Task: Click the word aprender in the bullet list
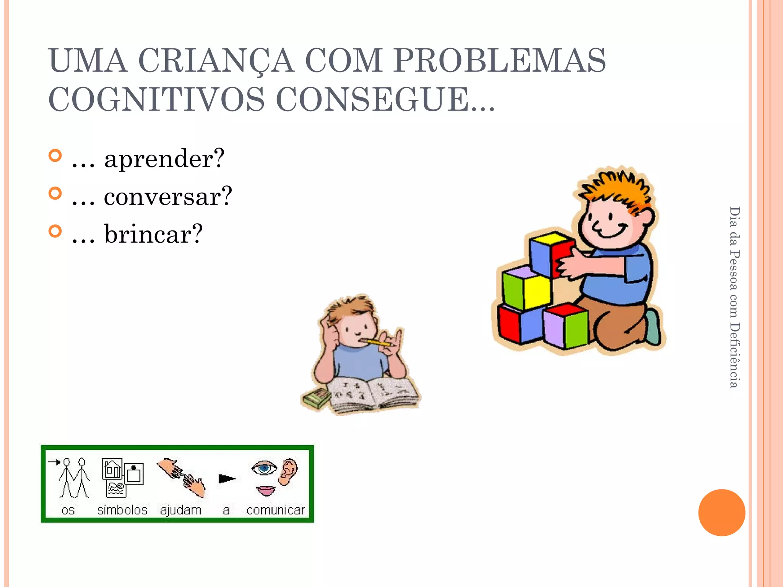pyautogui.click(x=164, y=159)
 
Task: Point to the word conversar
pyautogui.click(x=168, y=196)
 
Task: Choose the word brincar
pyautogui.click(x=153, y=234)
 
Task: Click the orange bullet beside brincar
pyautogui.click(x=55, y=231)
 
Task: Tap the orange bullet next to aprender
pyautogui.click(x=55, y=156)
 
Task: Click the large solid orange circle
pyautogui.click(x=721, y=512)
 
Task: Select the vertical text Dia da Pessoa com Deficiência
pyautogui.click(x=734, y=297)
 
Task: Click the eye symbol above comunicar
pyautogui.click(x=264, y=468)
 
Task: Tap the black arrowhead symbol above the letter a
pyautogui.click(x=226, y=478)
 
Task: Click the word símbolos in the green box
pyautogui.click(x=122, y=510)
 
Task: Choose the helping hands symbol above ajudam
pyautogui.click(x=181, y=478)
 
